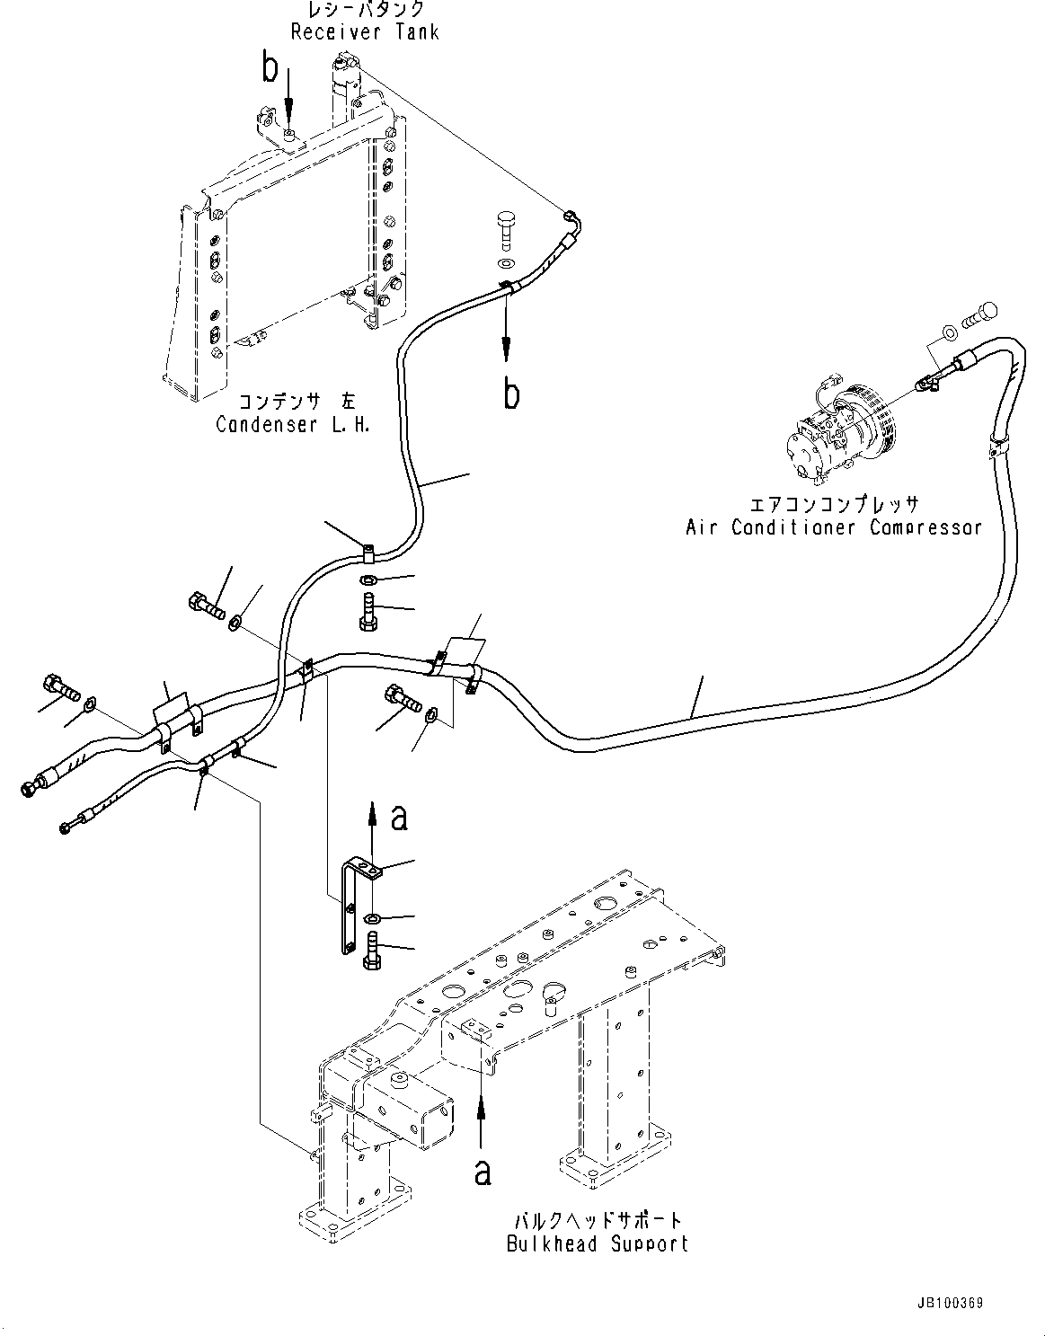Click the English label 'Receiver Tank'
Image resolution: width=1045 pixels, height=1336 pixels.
(365, 31)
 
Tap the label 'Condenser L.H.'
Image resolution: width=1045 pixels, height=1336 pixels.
(293, 424)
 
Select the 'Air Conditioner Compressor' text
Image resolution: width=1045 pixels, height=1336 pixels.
(834, 527)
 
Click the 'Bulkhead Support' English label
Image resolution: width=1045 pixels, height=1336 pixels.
(598, 1243)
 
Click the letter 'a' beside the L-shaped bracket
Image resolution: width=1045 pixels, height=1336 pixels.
(399, 817)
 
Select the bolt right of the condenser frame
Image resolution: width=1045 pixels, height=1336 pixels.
(506, 226)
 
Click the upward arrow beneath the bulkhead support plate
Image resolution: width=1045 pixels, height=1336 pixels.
(483, 1123)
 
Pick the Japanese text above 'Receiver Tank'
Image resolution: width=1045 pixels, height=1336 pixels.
(365, 10)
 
